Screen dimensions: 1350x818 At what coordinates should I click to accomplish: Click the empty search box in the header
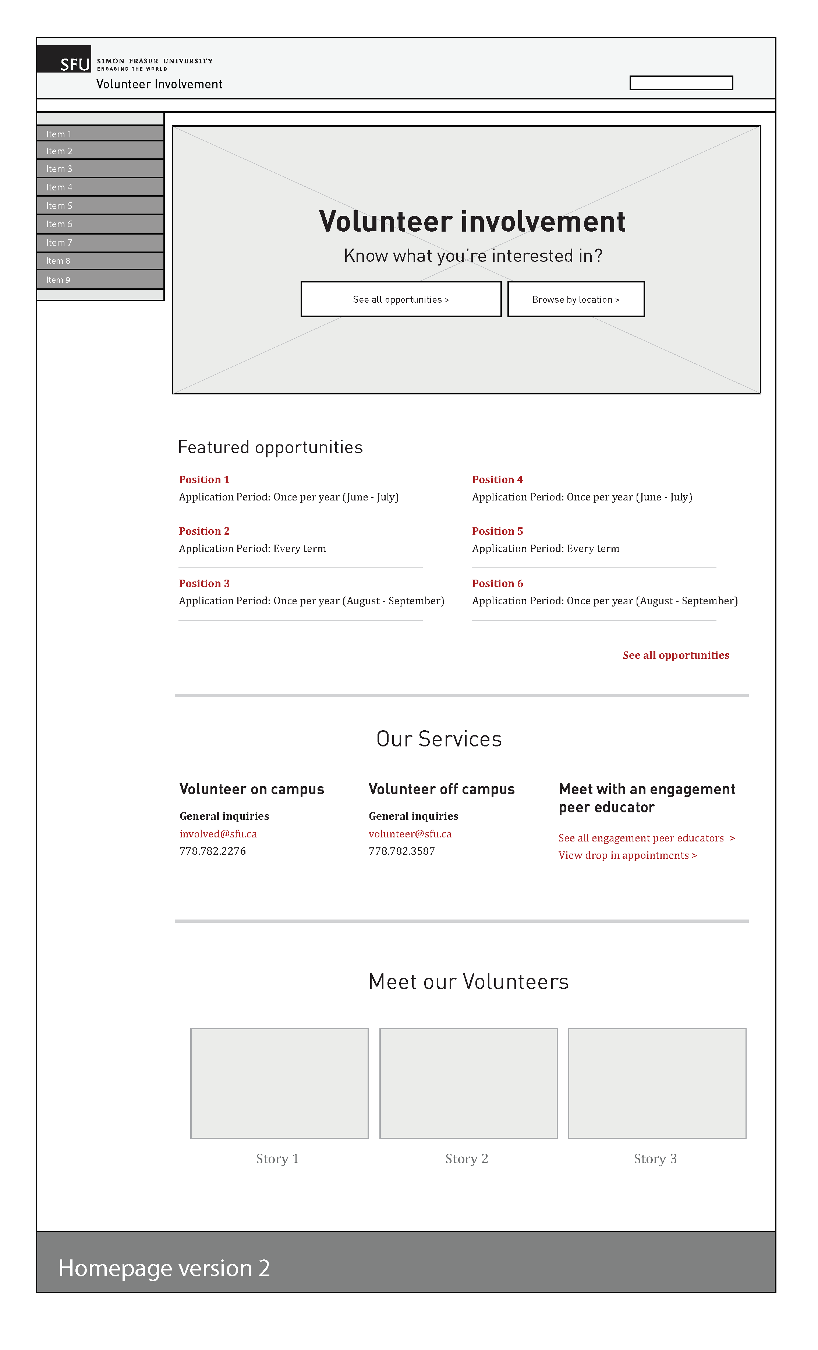pos(681,83)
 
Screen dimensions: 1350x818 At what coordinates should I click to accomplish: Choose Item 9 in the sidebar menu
pos(100,280)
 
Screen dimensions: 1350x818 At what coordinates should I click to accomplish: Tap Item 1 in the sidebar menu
pos(100,134)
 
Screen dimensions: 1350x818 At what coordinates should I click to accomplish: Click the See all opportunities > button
pos(401,299)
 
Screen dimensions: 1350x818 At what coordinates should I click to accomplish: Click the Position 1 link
pos(204,479)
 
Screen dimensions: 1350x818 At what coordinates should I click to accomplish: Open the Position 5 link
pos(497,531)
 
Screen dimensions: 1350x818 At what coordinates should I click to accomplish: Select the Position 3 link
pos(204,583)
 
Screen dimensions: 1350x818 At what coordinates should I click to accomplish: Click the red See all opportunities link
pos(676,655)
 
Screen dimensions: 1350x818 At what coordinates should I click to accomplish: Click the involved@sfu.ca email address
pos(218,833)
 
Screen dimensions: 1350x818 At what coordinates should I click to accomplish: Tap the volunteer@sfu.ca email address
pos(410,833)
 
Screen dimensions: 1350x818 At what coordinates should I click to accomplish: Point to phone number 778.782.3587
pos(401,851)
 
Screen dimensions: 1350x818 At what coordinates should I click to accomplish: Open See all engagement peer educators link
pos(646,838)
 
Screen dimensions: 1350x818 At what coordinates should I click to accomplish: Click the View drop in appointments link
pos(627,855)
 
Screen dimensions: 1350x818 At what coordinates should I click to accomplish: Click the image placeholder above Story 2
pos(468,1083)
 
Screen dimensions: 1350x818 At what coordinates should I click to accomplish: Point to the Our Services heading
pos(439,739)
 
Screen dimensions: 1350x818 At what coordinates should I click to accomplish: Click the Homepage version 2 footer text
pos(164,1268)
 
